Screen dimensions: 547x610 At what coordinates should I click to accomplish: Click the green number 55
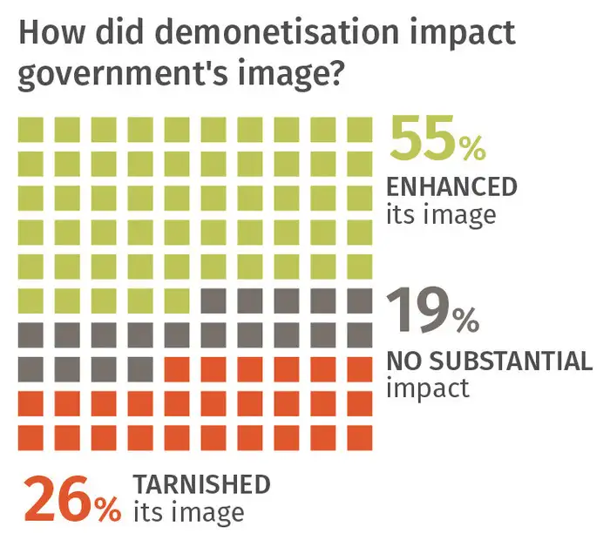click(x=422, y=140)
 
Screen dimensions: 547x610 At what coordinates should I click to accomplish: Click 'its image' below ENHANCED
click(x=441, y=213)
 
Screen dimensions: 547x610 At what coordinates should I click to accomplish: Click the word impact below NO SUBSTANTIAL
click(x=427, y=388)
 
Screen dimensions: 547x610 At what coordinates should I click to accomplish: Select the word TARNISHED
click(x=201, y=484)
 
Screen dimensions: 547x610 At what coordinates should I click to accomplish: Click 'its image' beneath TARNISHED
click(x=188, y=512)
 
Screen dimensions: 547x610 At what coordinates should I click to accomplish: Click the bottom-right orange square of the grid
click(x=359, y=436)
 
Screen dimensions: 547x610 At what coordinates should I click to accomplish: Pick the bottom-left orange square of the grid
click(x=30, y=436)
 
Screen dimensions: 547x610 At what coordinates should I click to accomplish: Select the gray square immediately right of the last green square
click(x=213, y=301)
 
